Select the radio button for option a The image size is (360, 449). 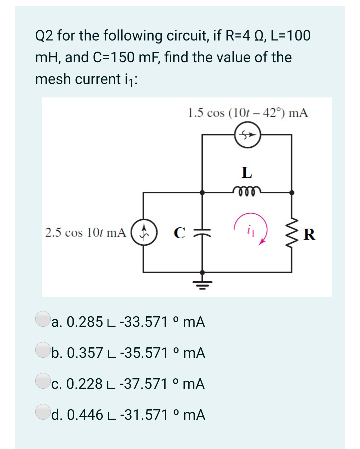[x=42, y=318]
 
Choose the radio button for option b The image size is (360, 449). [x=42, y=349]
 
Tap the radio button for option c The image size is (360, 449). [x=42, y=380]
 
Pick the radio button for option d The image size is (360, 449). [x=42, y=411]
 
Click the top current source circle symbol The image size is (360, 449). [x=247, y=135]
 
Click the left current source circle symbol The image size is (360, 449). [x=144, y=232]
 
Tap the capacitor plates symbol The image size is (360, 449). [x=202, y=232]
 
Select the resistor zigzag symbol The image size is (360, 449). [x=292, y=232]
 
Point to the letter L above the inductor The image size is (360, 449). [x=247, y=172]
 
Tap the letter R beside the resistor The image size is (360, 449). [x=309, y=234]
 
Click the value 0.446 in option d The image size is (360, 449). [x=85, y=415]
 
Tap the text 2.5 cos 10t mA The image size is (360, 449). [x=86, y=232]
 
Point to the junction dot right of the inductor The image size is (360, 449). [x=292, y=192]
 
